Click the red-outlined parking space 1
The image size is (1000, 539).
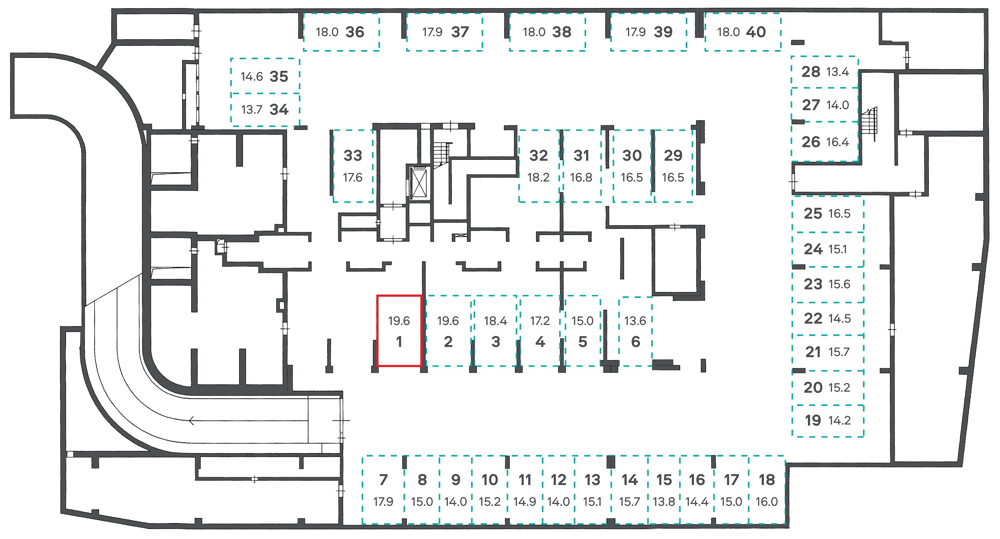[399, 331]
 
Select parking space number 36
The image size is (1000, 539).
[341, 32]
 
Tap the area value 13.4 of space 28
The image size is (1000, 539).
[837, 72]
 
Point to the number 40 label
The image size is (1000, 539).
[756, 32]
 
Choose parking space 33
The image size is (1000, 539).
[353, 166]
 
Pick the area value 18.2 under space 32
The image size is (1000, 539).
[538, 178]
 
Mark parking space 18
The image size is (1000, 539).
[767, 490]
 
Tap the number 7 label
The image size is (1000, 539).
[383, 480]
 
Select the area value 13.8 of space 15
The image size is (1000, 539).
[664, 502]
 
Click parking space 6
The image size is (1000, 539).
[635, 331]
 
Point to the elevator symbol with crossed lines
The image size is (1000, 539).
[418, 183]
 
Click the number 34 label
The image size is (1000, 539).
[279, 110]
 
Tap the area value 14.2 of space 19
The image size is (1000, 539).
[839, 421]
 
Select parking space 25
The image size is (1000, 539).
[828, 214]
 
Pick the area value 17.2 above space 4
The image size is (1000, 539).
[540, 321]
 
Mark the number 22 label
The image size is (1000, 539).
[813, 319]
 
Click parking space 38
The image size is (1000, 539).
[547, 32]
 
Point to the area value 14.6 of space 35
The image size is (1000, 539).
[252, 77]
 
